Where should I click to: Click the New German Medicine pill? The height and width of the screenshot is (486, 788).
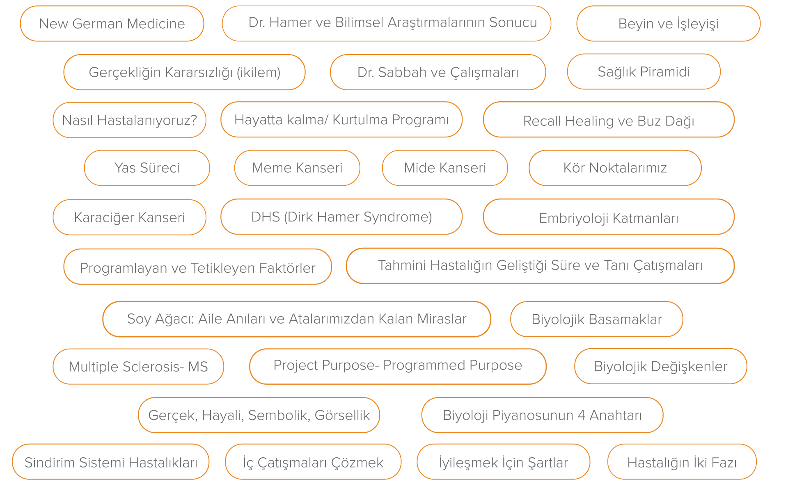pyautogui.click(x=112, y=23)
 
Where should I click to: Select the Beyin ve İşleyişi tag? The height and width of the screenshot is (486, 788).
pyautogui.click(x=668, y=23)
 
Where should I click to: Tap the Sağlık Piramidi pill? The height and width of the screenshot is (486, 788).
pyautogui.click(x=644, y=72)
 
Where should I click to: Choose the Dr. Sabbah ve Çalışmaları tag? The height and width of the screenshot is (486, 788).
pyautogui.click(x=438, y=72)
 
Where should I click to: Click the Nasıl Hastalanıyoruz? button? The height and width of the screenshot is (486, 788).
pyautogui.click(x=129, y=120)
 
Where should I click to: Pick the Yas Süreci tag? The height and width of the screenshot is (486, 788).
pyautogui.click(x=147, y=168)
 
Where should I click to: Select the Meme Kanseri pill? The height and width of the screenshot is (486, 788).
pyautogui.click(x=297, y=168)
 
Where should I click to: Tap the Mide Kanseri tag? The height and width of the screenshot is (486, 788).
pyautogui.click(x=445, y=168)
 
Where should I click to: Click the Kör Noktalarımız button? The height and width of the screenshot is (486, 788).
pyautogui.click(x=615, y=168)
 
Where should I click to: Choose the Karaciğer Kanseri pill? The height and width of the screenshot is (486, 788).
pyautogui.click(x=129, y=217)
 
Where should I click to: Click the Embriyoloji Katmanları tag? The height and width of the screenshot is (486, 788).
pyautogui.click(x=609, y=217)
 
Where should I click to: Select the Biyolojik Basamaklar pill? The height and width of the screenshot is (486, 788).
pyautogui.click(x=596, y=319)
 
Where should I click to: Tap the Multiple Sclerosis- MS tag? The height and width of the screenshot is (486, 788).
pyautogui.click(x=138, y=367)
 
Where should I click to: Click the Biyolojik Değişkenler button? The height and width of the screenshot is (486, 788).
pyautogui.click(x=660, y=366)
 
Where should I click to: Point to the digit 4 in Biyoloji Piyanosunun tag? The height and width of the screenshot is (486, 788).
pyautogui.click(x=581, y=415)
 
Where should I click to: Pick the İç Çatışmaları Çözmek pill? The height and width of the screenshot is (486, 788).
pyautogui.click(x=313, y=462)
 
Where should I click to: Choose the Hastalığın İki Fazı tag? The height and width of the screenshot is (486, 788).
pyautogui.click(x=682, y=462)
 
